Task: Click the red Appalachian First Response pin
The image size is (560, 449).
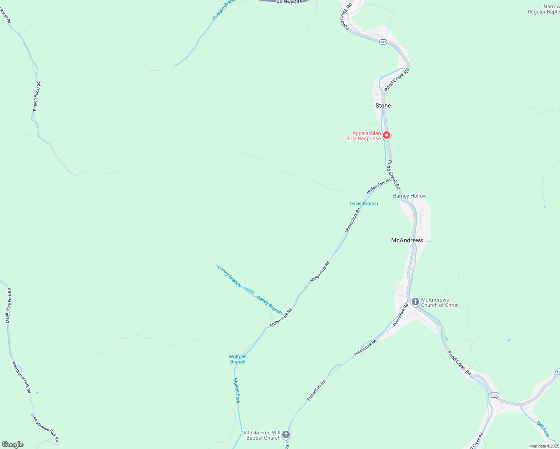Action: click(x=387, y=135)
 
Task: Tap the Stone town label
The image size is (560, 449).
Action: click(x=383, y=106)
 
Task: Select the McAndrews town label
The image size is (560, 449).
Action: click(x=407, y=240)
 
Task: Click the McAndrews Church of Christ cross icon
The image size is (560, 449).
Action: click(x=415, y=302)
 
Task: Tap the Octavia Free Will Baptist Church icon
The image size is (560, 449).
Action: click(x=286, y=434)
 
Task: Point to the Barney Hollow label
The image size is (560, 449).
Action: click(x=410, y=196)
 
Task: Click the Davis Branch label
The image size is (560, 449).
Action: click(x=363, y=204)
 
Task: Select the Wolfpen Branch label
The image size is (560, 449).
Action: click(x=238, y=359)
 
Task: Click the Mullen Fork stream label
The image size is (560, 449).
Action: click(x=237, y=390)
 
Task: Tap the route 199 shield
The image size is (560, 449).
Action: click(x=383, y=42)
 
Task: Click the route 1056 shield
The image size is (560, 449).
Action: click(x=494, y=395)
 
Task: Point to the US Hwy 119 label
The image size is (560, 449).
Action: click(x=289, y=2)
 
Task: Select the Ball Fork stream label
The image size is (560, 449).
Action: click(x=543, y=429)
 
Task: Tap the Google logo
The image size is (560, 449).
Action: click(x=12, y=445)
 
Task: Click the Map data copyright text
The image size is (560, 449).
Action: click(x=544, y=446)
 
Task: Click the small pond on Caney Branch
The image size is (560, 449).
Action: click(x=249, y=290)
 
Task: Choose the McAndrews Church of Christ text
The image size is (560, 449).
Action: click(x=440, y=302)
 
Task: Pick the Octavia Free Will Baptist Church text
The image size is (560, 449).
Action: click(x=261, y=435)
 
